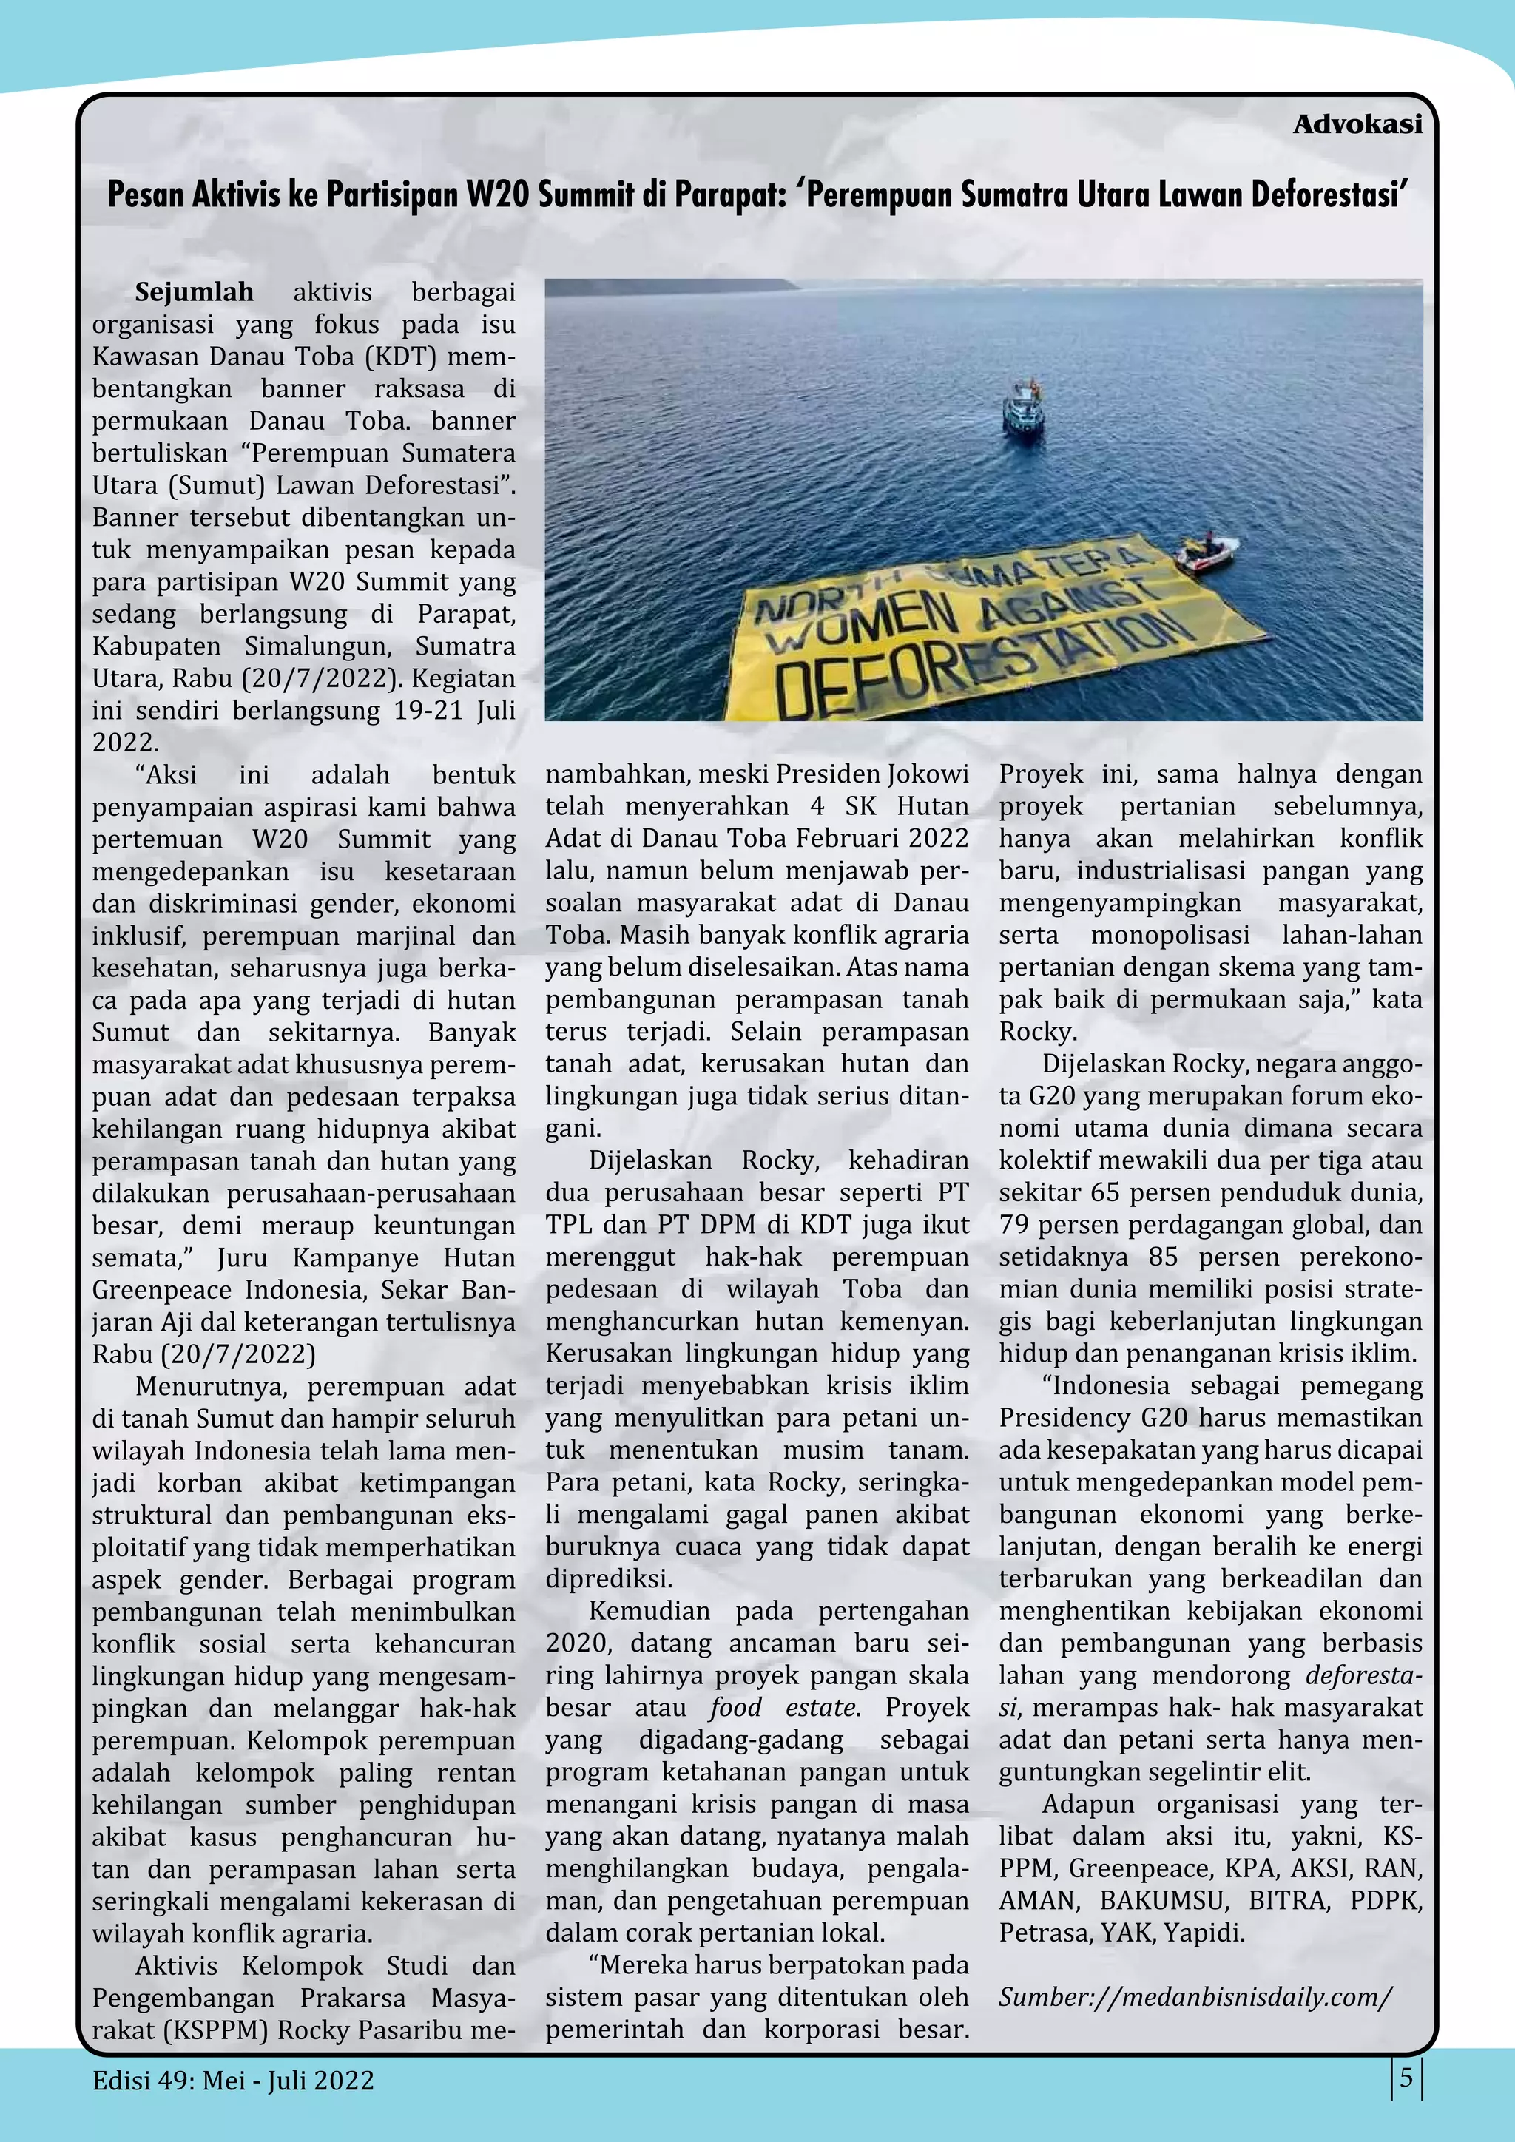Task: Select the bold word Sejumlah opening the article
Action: click(x=194, y=292)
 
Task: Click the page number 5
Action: click(x=1406, y=2078)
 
